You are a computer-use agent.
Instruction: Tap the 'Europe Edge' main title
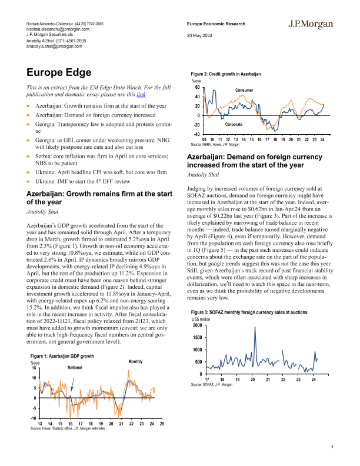pyautogui.click(x=59, y=73)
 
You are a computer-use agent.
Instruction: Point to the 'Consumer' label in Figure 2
pyautogui.click(x=244, y=90)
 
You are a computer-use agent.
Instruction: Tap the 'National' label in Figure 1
pyautogui.click(x=75, y=367)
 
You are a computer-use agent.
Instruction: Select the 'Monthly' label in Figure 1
pyautogui.click(x=136, y=361)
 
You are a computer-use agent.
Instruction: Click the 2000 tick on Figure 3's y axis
pyautogui.click(x=197, y=325)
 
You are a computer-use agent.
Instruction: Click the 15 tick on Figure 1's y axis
pyautogui.click(x=35, y=368)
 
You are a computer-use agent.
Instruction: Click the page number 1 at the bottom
pyautogui.click(x=332, y=448)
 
